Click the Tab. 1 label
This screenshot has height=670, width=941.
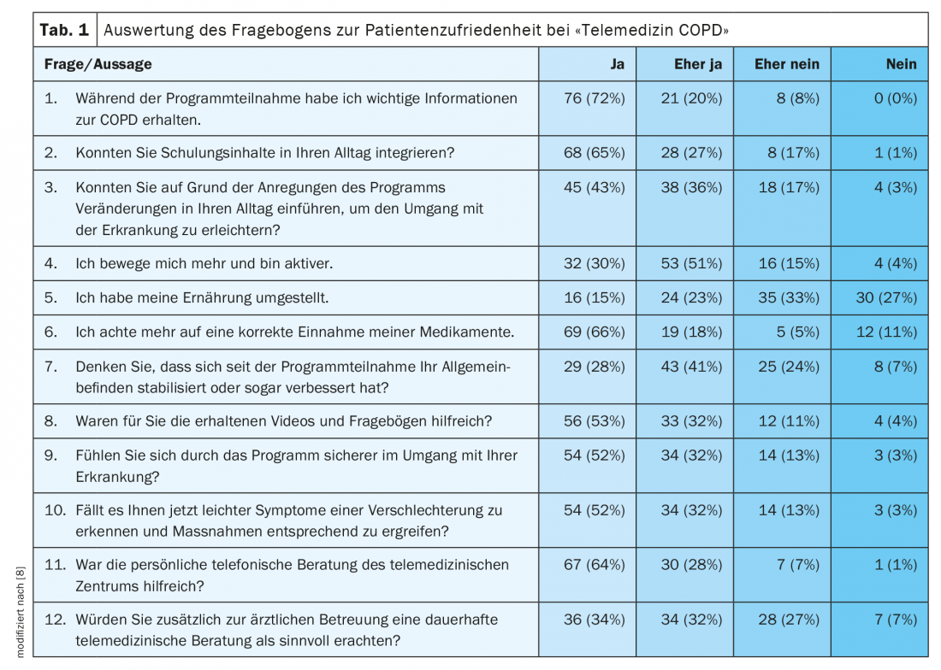[x=64, y=30]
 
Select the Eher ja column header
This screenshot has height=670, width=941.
[x=697, y=64]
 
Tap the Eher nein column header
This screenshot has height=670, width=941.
[x=787, y=64]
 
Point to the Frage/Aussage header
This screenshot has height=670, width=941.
[x=98, y=64]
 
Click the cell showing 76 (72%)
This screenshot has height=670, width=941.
[x=595, y=98]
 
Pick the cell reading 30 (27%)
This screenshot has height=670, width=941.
[x=885, y=298]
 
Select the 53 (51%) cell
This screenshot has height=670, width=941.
[x=691, y=264]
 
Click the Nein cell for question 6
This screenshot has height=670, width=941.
[x=886, y=332]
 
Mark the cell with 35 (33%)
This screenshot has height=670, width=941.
[x=788, y=298]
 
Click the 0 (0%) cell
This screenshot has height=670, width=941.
[x=895, y=98]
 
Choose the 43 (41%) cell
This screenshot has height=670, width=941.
[x=691, y=367]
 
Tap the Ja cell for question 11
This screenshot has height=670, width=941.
[x=595, y=565]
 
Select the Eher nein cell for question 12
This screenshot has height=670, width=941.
[x=788, y=620]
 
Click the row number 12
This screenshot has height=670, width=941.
[x=54, y=620]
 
